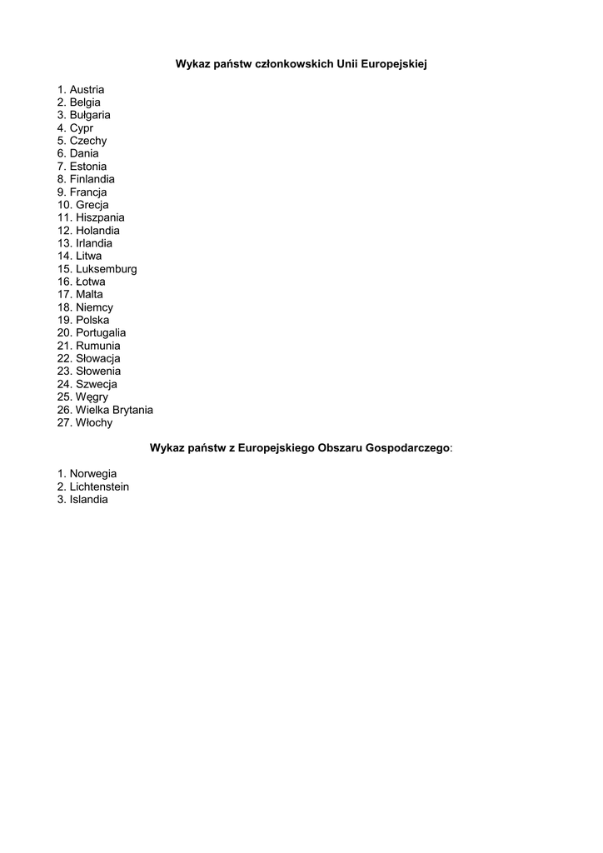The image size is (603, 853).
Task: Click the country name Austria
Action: (87, 90)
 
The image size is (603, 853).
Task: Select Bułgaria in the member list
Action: (90, 115)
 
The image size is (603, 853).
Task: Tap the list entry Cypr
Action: (82, 128)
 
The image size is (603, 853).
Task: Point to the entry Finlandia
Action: (92, 179)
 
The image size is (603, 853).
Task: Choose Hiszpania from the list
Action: (100, 217)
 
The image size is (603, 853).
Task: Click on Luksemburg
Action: (107, 269)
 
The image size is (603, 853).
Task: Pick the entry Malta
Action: (90, 294)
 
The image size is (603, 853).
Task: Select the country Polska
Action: (92, 320)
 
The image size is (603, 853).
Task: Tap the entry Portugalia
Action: (101, 332)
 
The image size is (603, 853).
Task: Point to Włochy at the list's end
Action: (94, 422)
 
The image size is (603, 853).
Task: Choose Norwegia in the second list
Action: (93, 474)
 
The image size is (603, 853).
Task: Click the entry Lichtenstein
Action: (99, 486)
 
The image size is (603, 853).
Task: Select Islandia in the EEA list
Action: (89, 500)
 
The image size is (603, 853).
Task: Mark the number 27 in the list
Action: (64, 422)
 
